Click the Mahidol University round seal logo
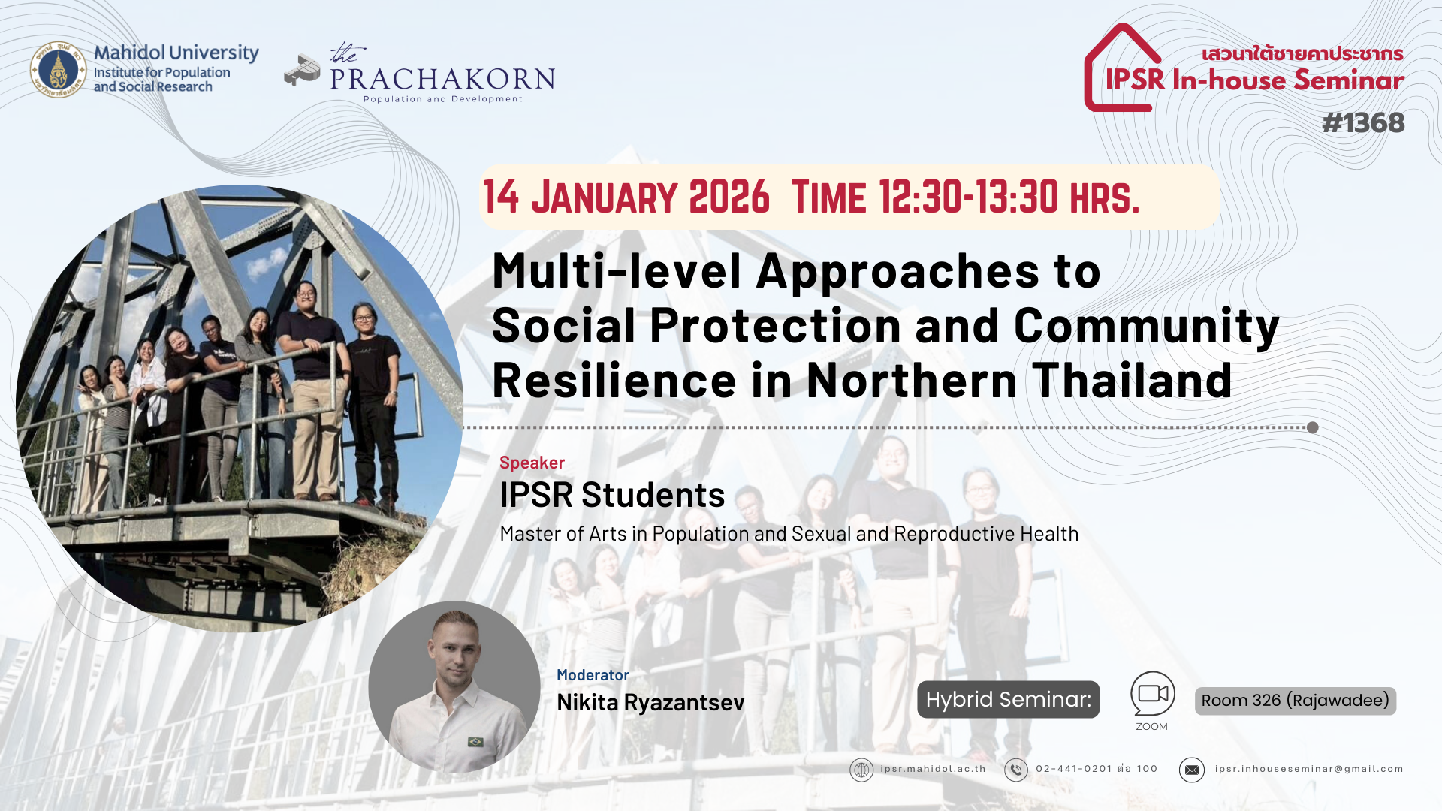pyautogui.click(x=58, y=70)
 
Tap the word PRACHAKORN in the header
pyautogui.click(x=442, y=79)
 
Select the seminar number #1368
pyautogui.click(x=1363, y=122)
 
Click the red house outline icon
pyautogui.click(x=1122, y=68)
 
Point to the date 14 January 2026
pyautogui.click(x=626, y=197)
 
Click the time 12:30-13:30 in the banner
pyautogui.click(x=968, y=197)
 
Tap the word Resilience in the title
pyautogui.click(x=614, y=381)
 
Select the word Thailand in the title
pyautogui.click(x=1132, y=380)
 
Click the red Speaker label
pyautogui.click(x=532, y=463)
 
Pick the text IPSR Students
pyautogui.click(x=612, y=495)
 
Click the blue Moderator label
pyautogui.click(x=593, y=675)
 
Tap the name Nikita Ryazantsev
pyautogui.click(x=650, y=702)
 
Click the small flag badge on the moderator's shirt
pyautogui.click(x=475, y=742)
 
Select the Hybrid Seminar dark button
pyautogui.click(x=1008, y=699)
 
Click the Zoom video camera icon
pyautogui.click(x=1152, y=693)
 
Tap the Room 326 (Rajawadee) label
pyautogui.click(x=1295, y=701)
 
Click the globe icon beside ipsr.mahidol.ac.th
pyautogui.click(x=861, y=770)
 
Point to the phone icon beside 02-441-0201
pyautogui.click(x=1016, y=770)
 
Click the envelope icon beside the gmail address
pyautogui.click(x=1191, y=770)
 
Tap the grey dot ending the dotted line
pyautogui.click(x=1312, y=427)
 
